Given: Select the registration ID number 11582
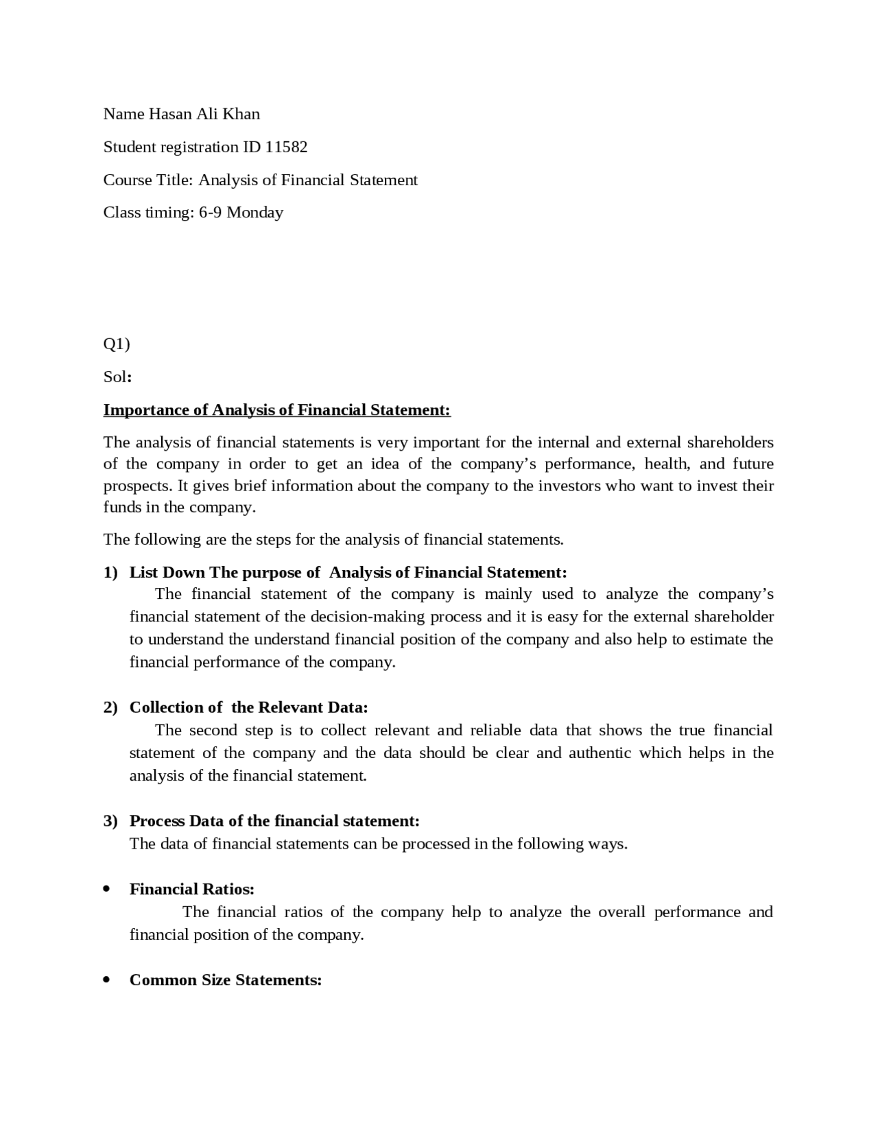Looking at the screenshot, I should (286, 147).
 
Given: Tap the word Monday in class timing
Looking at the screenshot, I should (254, 213).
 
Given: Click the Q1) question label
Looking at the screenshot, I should (117, 344).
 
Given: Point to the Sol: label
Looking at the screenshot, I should (117, 377).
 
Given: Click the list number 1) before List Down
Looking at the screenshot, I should (110, 573).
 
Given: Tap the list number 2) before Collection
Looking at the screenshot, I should (110, 708).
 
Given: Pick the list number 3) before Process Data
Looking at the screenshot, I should (110, 821).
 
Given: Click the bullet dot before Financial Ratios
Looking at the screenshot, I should (106, 889).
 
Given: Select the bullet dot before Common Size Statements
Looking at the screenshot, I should (106, 980).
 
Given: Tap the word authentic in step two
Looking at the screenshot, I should (600, 753).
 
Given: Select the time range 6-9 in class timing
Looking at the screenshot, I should (211, 213).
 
